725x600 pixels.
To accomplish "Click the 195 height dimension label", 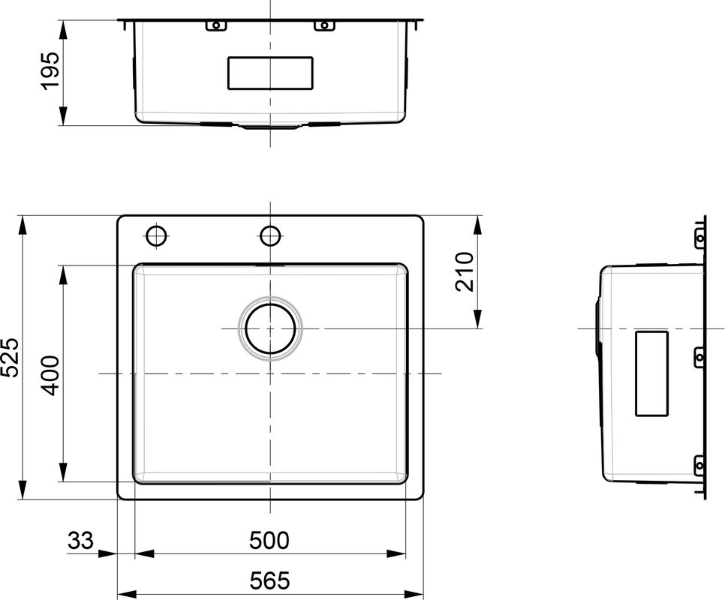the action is (50, 70).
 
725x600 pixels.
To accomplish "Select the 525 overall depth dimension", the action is (10, 357).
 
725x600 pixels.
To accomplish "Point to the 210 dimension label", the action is (465, 271).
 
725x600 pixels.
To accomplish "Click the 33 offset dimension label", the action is (80, 540).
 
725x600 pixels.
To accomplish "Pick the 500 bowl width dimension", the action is (269, 540).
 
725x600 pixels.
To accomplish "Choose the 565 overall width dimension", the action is (270, 580).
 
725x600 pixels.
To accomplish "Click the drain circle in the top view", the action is (270, 328).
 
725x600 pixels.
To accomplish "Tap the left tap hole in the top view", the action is (156, 236).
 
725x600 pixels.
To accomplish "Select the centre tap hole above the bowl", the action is (270, 236).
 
